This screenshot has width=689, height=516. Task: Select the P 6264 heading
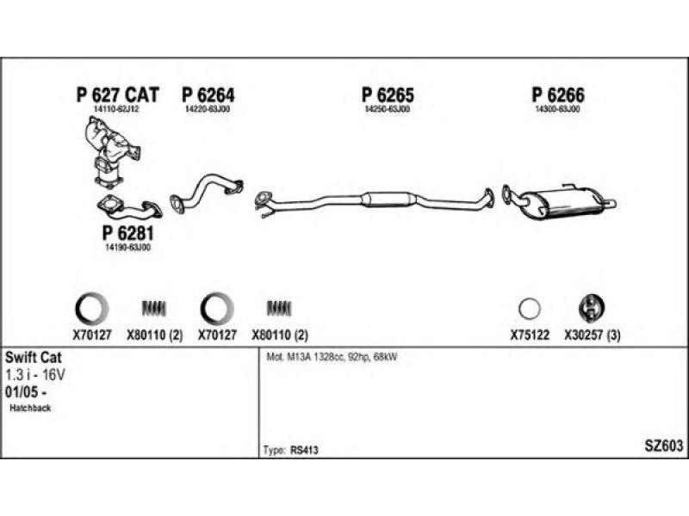(208, 95)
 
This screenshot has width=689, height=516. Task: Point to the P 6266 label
(557, 95)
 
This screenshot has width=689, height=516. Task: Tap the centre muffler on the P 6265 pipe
(388, 200)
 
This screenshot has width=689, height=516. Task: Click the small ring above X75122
(530, 307)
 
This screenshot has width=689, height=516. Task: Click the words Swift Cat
(33, 356)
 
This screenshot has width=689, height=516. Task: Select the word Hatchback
(31, 408)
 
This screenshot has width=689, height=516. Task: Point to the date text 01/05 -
(26, 391)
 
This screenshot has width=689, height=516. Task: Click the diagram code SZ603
(663, 445)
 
